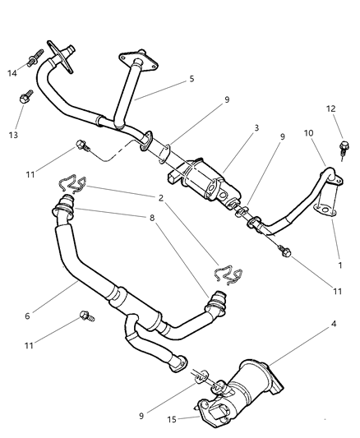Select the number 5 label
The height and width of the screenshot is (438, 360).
(x=192, y=79)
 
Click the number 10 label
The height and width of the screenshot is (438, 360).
(x=307, y=133)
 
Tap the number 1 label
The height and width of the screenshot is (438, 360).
(x=340, y=265)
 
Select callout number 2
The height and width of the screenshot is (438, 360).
(x=161, y=198)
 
